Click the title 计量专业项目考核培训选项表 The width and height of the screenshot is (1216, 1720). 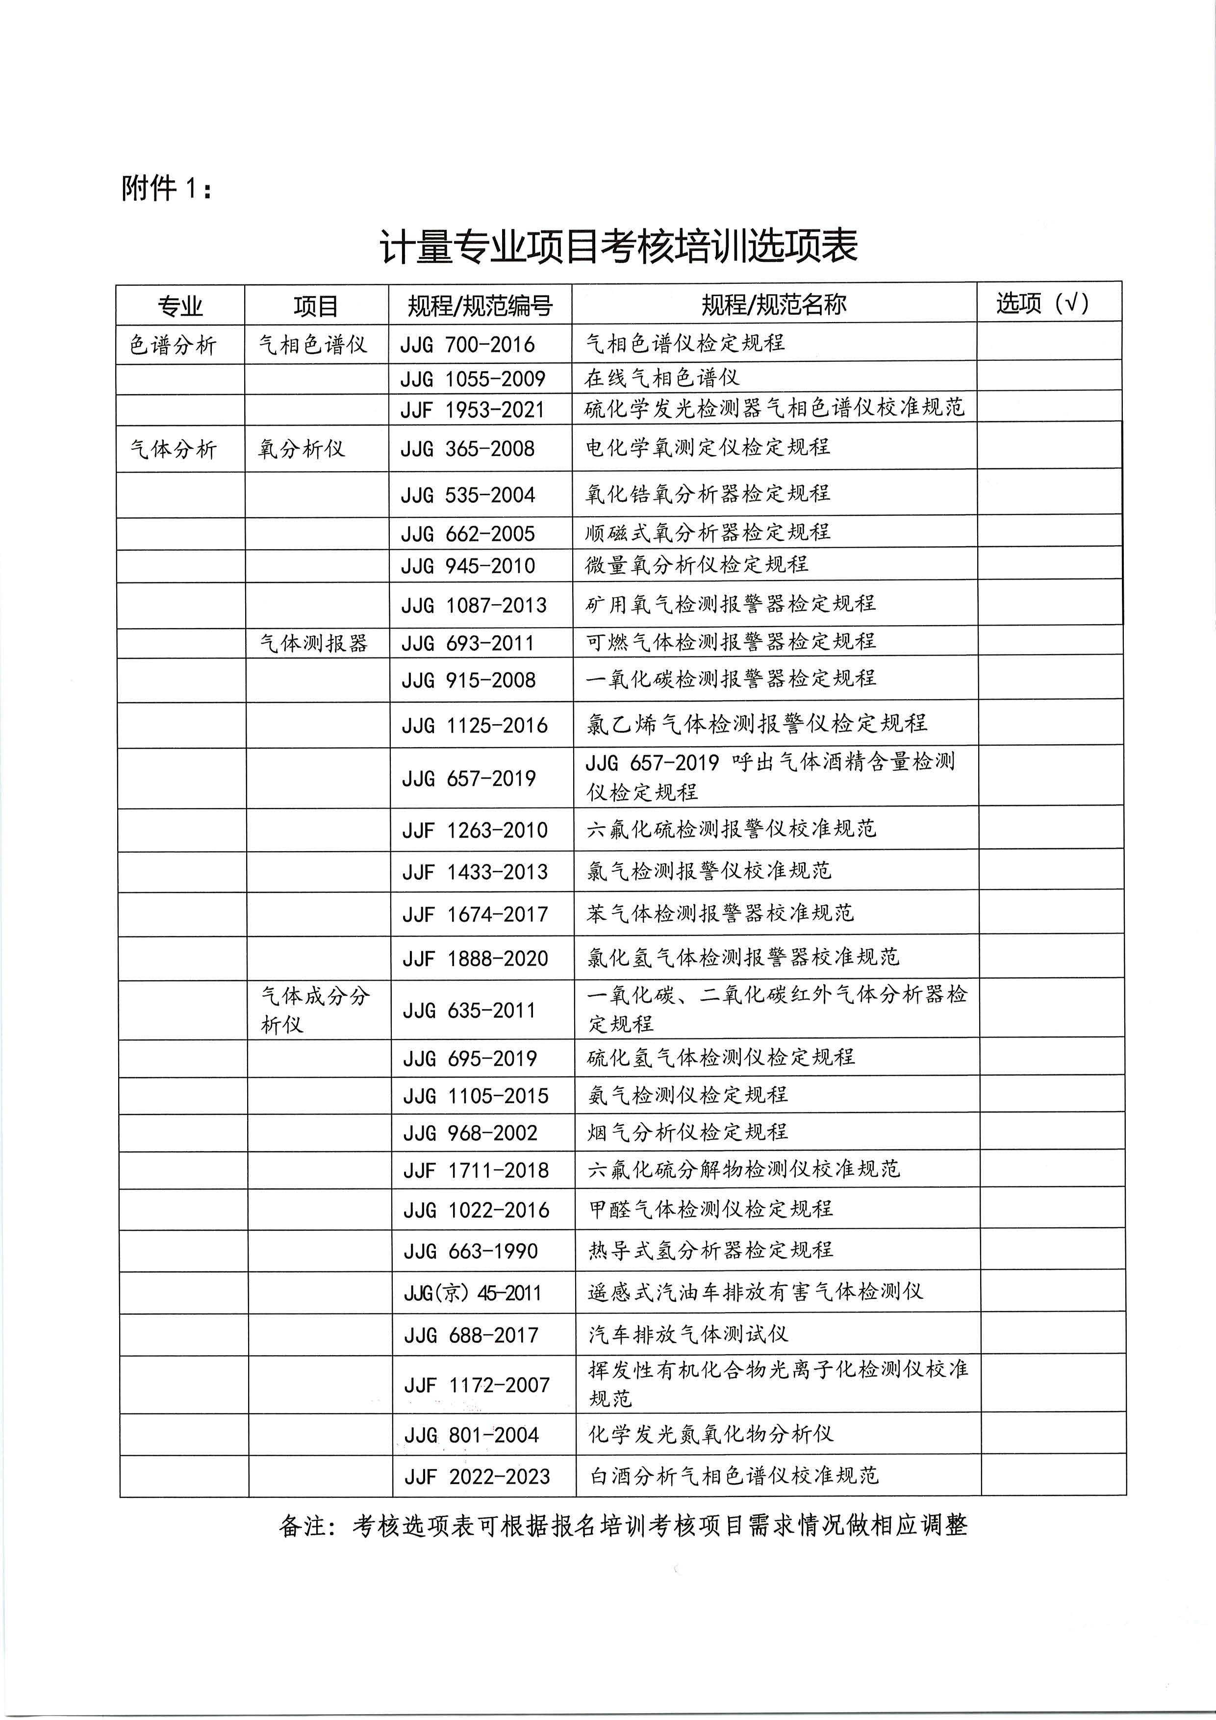618,247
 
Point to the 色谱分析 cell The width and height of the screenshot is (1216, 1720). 173,345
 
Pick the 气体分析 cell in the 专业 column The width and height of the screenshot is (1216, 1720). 173,449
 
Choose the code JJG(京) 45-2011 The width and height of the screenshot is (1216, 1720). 472,1292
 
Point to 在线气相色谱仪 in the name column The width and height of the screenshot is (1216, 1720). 661,377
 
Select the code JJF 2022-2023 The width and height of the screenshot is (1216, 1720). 477,1476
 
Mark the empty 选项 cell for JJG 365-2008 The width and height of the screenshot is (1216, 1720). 1049,447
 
